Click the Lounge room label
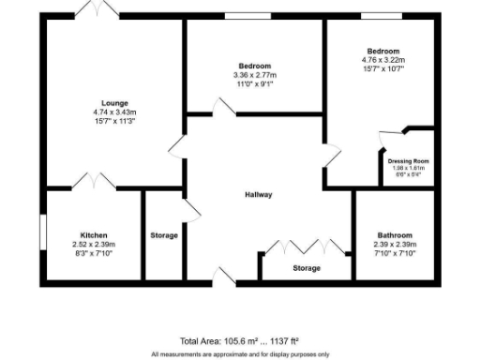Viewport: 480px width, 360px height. [x=115, y=103]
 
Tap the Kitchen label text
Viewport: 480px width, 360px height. [x=94, y=235]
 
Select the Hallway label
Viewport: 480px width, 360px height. [x=259, y=195]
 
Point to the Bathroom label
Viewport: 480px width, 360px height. [x=395, y=235]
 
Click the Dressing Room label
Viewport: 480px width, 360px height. [x=408, y=161]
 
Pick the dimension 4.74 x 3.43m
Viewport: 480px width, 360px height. [x=115, y=112]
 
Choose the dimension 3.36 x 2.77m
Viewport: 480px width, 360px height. [x=255, y=75]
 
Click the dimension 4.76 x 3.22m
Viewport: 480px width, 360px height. [x=383, y=59]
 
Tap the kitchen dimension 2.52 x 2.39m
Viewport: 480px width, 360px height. [x=94, y=244]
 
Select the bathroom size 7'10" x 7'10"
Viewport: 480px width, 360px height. [x=395, y=253]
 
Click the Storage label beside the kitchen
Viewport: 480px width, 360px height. [x=164, y=235]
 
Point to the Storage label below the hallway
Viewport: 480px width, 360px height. [x=306, y=268]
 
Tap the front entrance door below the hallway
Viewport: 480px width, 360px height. [x=224, y=276]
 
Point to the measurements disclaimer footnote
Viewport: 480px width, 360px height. [x=240, y=354]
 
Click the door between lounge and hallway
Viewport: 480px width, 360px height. [x=176, y=148]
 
